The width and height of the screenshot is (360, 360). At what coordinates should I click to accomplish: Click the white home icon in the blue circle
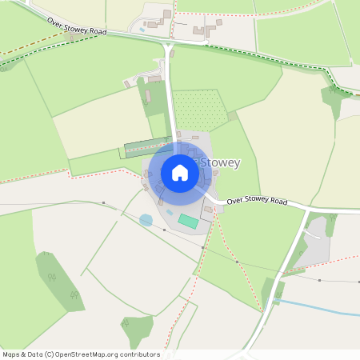180,172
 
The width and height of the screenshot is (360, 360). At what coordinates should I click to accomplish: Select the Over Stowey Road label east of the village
256,200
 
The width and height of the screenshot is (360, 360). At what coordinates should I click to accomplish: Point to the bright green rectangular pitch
188,220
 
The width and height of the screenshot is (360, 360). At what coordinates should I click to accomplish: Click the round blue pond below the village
146,220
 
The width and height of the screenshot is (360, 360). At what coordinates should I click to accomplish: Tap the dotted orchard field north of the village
200,110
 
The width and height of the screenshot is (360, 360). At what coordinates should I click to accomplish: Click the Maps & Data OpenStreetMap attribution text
81,354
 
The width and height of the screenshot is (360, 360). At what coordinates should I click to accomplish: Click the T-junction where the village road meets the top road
167,46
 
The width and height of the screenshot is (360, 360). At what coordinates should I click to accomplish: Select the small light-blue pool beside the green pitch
170,213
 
